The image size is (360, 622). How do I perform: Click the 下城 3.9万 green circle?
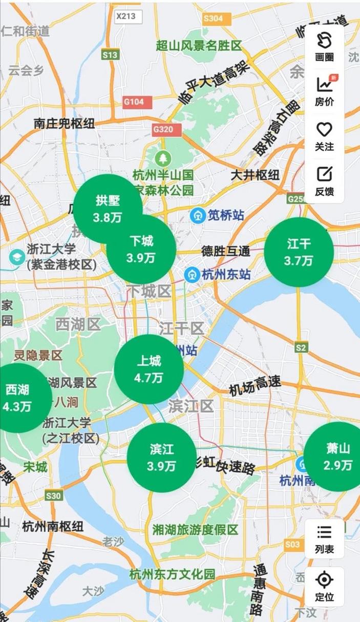tap(141, 250)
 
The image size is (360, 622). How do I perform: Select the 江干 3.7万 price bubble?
tap(299, 252)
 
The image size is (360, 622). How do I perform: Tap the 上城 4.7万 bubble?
tap(149, 369)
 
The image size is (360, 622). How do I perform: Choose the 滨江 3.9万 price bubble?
tap(161, 458)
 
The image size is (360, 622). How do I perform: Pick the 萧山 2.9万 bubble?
tap(336, 457)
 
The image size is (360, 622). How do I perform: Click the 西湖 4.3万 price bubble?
tap(18, 398)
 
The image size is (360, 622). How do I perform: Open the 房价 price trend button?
tap(324, 91)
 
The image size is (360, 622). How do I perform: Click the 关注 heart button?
tap(324, 136)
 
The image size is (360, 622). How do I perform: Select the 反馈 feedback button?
tap(324, 181)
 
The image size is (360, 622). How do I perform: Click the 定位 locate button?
tap(324, 586)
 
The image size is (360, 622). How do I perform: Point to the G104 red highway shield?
tap(134, 101)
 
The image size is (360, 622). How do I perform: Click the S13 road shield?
tap(110, 55)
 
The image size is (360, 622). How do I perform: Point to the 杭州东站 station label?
tap(225, 274)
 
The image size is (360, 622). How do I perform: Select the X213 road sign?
tap(126, 16)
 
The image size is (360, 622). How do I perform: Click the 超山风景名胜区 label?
tap(199, 46)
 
